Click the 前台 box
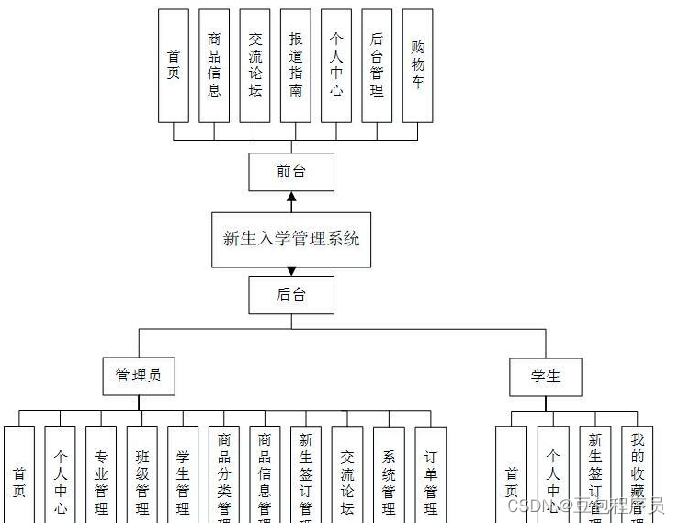point(291,172)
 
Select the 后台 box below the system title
point(291,295)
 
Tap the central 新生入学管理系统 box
point(291,239)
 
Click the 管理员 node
point(139,376)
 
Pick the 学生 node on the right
point(546,377)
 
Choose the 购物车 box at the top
point(418,66)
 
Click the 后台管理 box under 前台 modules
point(377,66)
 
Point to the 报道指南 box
point(296,66)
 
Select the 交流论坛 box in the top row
point(255,66)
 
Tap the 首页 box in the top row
point(174,66)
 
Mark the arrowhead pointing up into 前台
point(291,197)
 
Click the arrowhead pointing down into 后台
point(291,271)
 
